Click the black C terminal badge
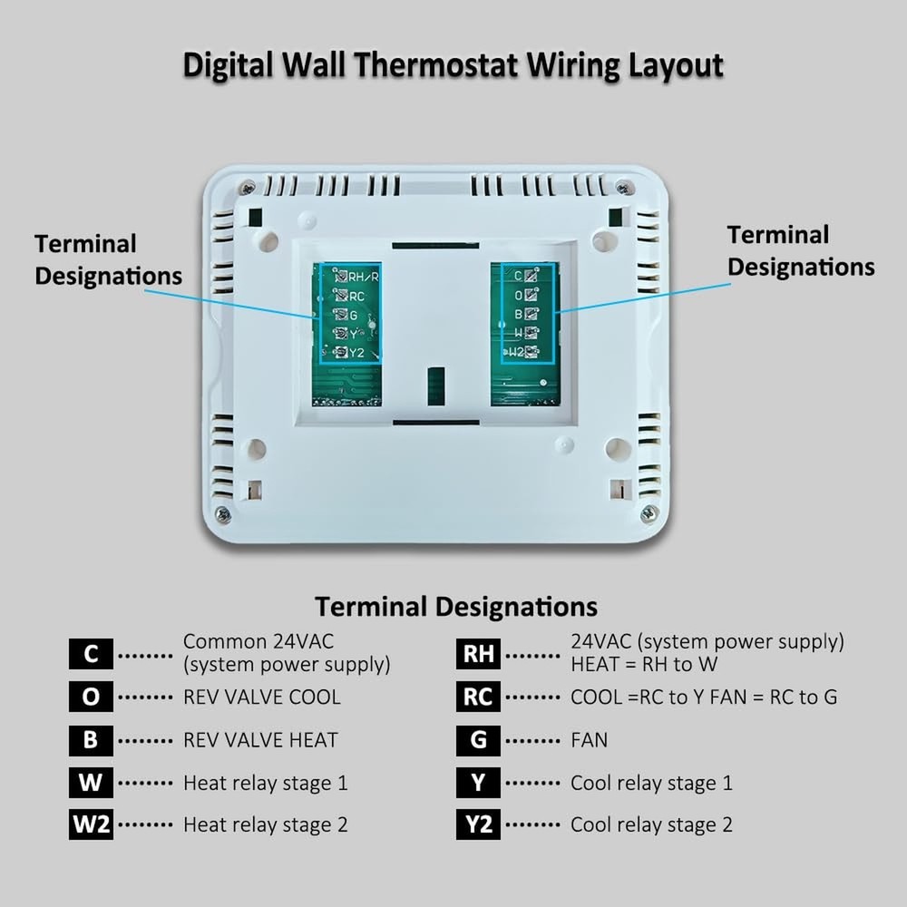91,653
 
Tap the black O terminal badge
91,697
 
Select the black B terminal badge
91,739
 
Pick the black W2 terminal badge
91,825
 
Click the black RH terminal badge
478,653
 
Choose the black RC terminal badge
478,697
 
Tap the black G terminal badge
478,739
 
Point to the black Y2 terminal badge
478,825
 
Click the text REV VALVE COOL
261,697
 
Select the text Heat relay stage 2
265,825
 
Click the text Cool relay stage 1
650,783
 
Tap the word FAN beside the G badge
589,739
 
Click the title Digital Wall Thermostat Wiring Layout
453,66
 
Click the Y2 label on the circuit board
356,353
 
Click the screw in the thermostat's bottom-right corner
648,514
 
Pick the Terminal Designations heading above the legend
455,606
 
